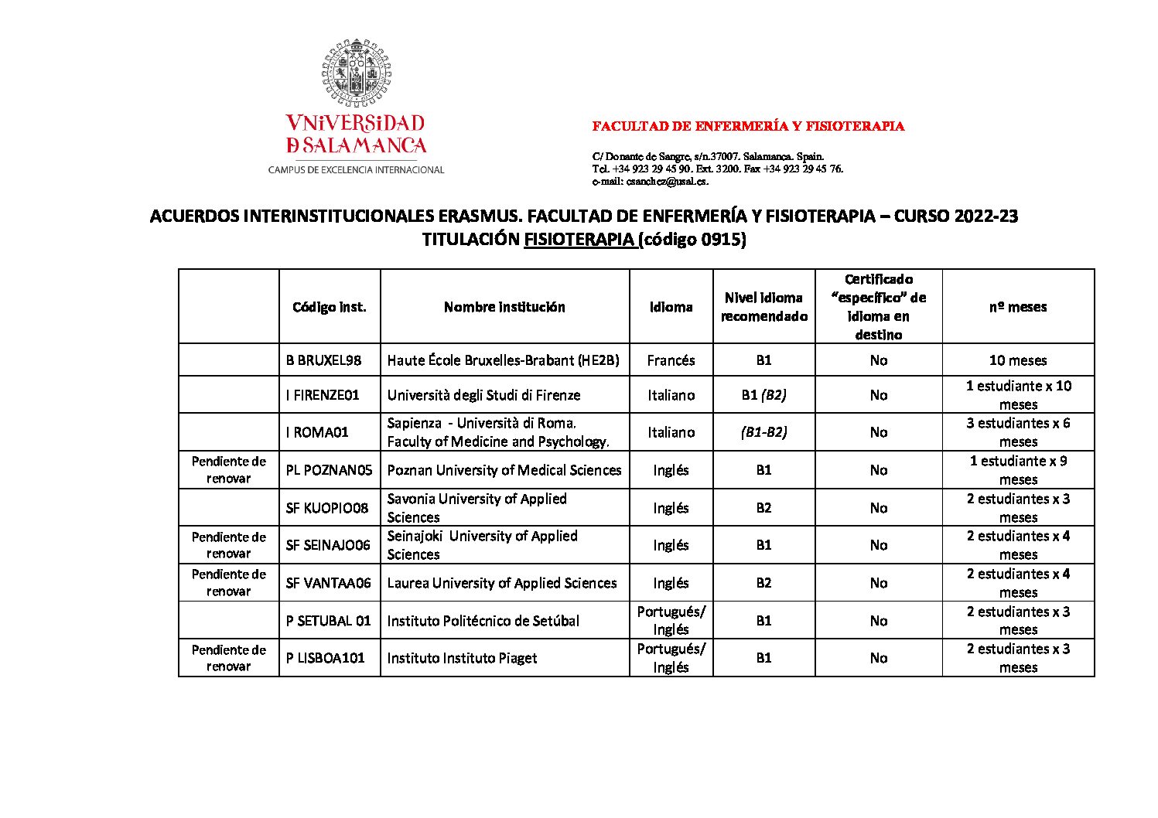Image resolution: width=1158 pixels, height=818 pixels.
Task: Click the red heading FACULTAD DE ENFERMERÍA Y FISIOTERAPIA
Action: tap(748, 127)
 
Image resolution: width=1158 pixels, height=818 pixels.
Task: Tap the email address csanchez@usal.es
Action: tap(666, 182)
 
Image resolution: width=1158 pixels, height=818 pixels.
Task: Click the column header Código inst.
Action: tap(330, 307)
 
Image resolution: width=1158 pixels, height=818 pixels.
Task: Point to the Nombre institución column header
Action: tap(504, 307)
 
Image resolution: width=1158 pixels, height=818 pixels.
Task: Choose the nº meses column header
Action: tap(1017, 307)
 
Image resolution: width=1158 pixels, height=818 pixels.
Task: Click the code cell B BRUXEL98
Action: tap(323, 360)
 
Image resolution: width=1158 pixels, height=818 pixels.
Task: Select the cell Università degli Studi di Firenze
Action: tap(483, 395)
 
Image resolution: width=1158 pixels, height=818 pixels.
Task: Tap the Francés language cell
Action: tap(671, 360)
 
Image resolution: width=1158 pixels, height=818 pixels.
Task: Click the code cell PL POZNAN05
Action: tap(329, 470)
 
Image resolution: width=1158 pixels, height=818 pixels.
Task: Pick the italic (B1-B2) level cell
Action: tap(763, 432)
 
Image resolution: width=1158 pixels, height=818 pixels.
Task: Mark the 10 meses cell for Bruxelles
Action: tap(1017, 360)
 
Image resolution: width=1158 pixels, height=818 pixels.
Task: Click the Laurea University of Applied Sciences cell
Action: tap(502, 583)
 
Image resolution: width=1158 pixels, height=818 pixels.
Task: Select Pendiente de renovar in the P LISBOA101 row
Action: tap(228, 658)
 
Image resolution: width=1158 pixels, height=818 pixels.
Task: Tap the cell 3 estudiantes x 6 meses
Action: tap(1017, 432)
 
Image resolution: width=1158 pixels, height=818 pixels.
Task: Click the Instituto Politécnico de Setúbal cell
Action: tap(483, 621)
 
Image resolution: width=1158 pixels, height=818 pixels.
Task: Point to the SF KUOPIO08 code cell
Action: tap(326, 508)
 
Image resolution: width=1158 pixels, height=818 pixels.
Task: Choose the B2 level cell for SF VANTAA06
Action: tap(763, 583)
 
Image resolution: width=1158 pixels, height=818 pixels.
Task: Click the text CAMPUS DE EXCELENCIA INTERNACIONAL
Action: tap(356, 170)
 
